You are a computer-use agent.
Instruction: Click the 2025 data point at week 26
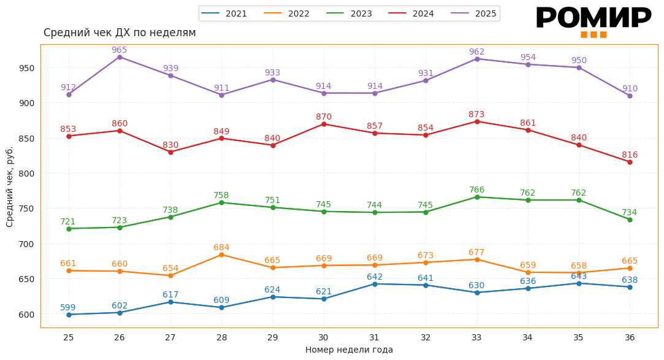[x=120, y=57]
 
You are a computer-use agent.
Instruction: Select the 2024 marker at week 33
[x=477, y=121]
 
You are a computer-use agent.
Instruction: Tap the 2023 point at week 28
[x=221, y=202]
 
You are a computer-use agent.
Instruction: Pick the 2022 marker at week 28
[x=221, y=255]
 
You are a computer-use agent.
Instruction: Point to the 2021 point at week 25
[x=69, y=315]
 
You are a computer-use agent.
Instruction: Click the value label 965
[x=120, y=50]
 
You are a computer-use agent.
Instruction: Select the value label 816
[x=630, y=155]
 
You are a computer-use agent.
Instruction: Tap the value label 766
[x=477, y=190]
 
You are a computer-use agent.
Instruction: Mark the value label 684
[x=221, y=248]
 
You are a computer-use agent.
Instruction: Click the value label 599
[x=68, y=308]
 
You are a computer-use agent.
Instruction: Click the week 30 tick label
[x=324, y=337]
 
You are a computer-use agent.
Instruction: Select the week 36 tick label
[x=630, y=337]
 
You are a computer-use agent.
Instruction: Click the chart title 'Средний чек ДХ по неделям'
[x=120, y=33]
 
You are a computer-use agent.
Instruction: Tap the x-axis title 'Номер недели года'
[x=349, y=350]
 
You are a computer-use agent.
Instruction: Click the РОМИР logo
[x=593, y=21]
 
